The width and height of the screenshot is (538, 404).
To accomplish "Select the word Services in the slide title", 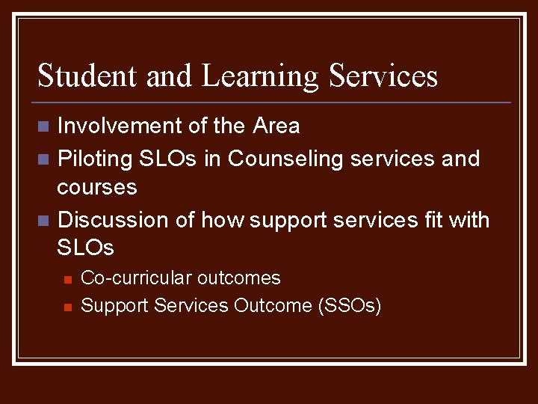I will [x=383, y=76].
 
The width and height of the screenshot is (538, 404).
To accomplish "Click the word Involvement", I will [x=120, y=126].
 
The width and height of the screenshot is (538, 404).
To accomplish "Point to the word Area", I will [x=276, y=126].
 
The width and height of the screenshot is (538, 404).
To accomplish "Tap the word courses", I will [x=97, y=187].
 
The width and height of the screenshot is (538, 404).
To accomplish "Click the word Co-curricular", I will [x=135, y=278].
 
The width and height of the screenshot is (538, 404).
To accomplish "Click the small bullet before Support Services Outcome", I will [x=67, y=307].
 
